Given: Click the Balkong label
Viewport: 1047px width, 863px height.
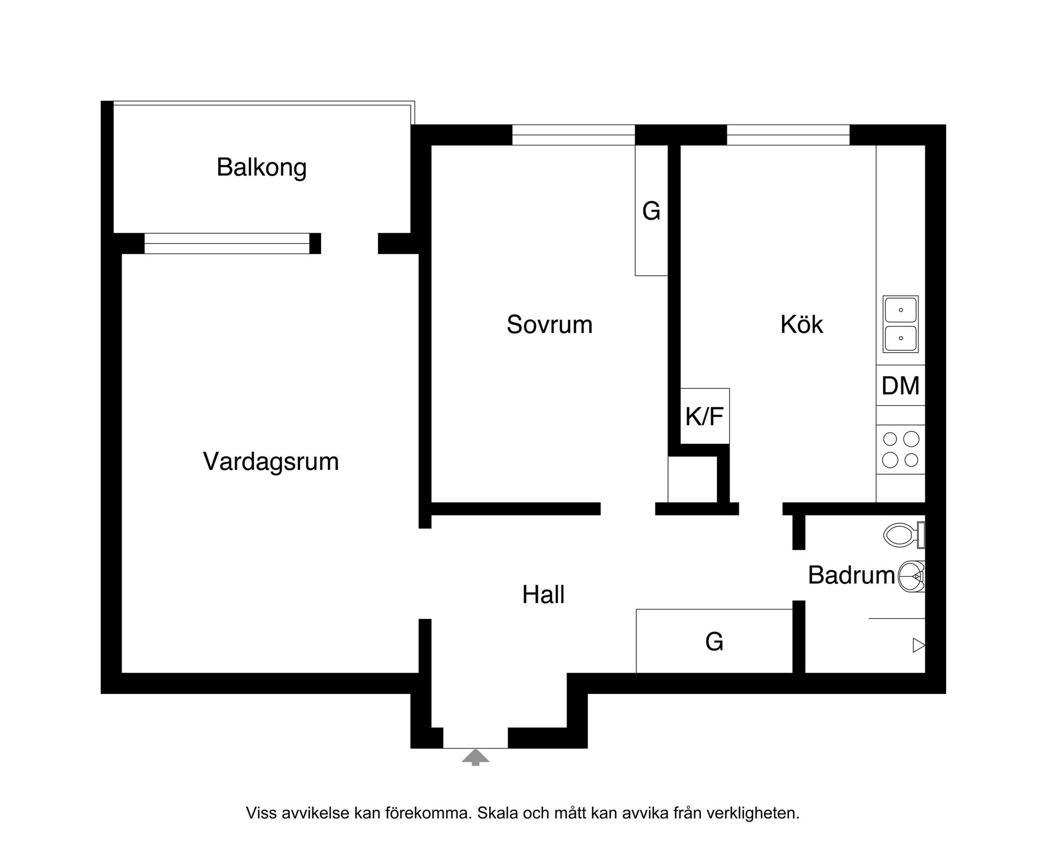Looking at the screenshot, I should [261, 167].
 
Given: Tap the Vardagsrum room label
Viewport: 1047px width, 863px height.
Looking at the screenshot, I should [270, 462].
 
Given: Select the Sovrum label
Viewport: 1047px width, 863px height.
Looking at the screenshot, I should [549, 325].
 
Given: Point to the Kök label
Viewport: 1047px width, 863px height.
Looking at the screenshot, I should [801, 325].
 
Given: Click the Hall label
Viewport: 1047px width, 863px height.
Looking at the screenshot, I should [543, 595].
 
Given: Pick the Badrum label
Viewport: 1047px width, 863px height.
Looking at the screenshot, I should [851, 576].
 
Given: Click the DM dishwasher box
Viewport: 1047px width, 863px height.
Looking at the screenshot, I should [900, 385].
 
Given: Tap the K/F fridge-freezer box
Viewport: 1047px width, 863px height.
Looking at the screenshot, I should [705, 417].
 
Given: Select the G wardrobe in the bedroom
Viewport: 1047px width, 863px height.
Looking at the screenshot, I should [651, 210].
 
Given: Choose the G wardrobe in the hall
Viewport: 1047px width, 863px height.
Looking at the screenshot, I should [714, 641].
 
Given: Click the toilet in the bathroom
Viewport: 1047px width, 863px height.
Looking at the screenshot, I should [902, 535].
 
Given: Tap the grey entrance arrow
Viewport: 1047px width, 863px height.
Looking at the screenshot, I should [476, 757].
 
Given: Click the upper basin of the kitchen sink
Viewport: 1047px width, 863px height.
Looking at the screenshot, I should [900, 310].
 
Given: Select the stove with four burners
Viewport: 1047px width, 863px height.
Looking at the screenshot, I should [900, 449].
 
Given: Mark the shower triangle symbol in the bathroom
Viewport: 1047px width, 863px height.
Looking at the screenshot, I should [919, 645].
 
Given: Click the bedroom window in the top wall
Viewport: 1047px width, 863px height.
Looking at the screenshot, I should [573, 135].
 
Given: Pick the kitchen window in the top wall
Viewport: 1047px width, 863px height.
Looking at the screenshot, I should [788, 135].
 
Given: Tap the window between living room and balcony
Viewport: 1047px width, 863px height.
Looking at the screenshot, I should [227, 244].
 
